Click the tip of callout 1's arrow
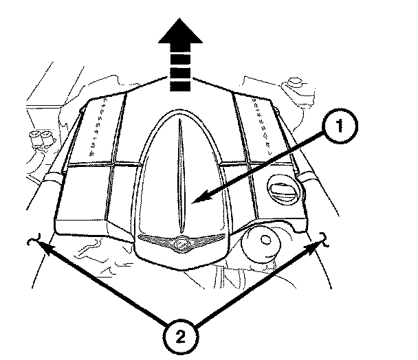pos(194,201)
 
